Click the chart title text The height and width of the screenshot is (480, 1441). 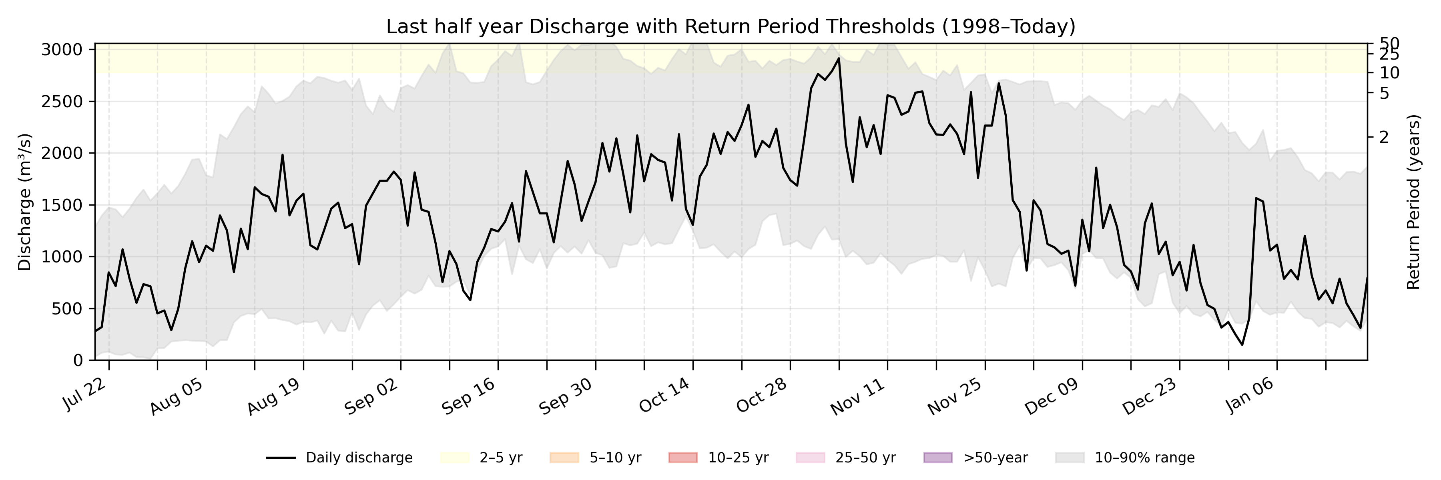(x=731, y=26)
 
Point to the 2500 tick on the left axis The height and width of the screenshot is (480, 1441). (x=62, y=102)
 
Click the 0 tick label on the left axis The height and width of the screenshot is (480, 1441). (x=78, y=360)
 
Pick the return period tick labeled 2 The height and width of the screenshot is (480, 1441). (x=1384, y=137)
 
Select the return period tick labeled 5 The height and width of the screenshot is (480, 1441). (x=1384, y=93)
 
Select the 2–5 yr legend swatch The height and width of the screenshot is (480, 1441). (x=454, y=458)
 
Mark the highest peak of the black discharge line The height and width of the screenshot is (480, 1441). (x=839, y=58)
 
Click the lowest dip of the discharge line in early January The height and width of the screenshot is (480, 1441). (x=1242, y=345)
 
